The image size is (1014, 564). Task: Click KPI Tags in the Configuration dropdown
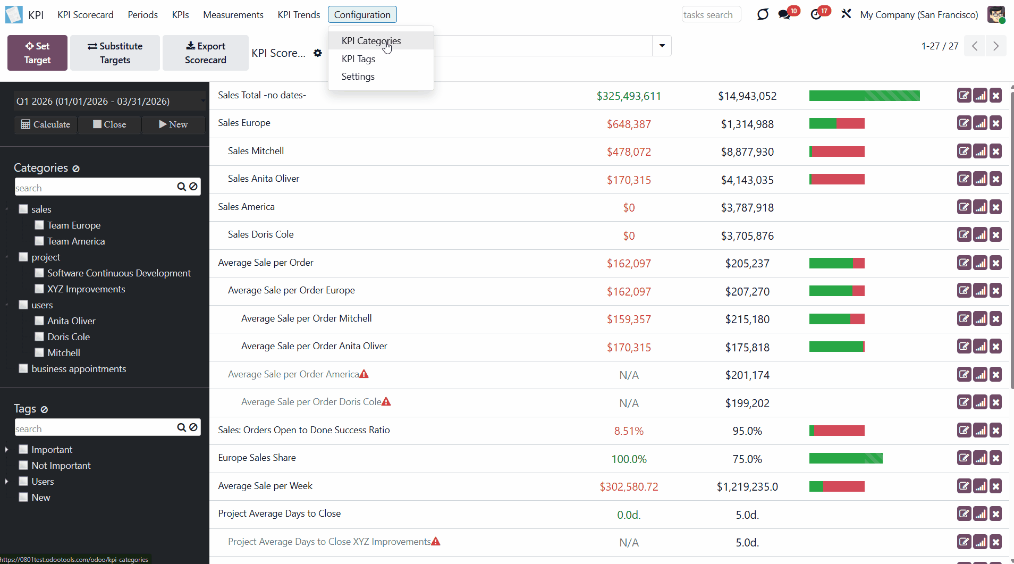coord(358,59)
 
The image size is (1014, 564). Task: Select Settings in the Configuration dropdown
coord(358,77)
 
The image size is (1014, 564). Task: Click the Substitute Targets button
coord(115,53)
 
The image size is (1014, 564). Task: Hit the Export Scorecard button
coord(205,53)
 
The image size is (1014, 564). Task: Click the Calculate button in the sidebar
coord(46,124)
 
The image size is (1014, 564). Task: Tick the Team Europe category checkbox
coord(39,225)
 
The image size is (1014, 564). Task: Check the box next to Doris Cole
coord(39,337)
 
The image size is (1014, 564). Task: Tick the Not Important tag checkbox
coord(23,466)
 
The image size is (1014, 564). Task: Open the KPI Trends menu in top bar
coord(299,15)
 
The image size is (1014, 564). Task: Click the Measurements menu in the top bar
coord(233,15)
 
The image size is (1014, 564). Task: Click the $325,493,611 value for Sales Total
coord(629,96)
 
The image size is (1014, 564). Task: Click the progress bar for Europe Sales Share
coord(846,458)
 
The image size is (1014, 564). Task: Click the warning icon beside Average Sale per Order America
coord(364,374)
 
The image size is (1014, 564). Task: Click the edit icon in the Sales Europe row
coord(964,123)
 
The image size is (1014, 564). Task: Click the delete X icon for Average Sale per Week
coord(996,486)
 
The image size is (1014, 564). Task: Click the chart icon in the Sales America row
coord(980,207)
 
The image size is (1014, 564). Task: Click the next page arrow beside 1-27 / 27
coord(995,46)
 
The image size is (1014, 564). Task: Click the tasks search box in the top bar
coord(711,15)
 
